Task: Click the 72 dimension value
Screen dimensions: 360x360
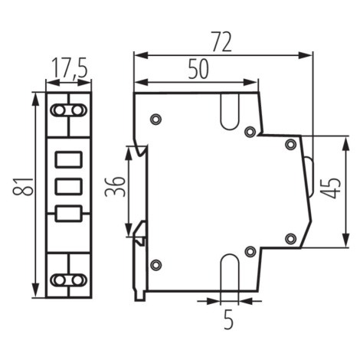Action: (x=222, y=41)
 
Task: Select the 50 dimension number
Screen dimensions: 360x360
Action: (x=198, y=69)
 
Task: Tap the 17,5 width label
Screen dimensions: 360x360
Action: (x=70, y=68)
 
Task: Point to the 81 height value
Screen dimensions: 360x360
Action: (x=24, y=187)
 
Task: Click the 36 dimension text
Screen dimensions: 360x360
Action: (x=115, y=187)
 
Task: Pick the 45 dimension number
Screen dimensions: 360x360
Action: (x=331, y=188)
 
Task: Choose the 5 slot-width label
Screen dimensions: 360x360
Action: (x=228, y=319)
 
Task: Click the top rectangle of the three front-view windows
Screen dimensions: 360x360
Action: (x=69, y=159)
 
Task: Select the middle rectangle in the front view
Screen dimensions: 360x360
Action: (x=69, y=187)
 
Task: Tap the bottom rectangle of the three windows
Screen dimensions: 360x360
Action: (x=69, y=214)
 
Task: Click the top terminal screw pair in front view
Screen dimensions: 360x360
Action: (x=68, y=110)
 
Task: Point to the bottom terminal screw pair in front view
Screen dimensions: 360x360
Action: (x=68, y=280)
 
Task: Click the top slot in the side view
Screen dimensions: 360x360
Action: (x=230, y=112)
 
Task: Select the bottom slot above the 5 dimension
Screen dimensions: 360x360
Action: (x=230, y=272)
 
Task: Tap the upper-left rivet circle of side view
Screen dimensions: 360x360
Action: (x=155, y=119)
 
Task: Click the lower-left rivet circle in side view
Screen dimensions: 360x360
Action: (x=156, y=265)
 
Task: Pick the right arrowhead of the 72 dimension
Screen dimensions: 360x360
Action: (x=306, y=55)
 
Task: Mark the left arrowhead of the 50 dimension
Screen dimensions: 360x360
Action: (x=141, y=82)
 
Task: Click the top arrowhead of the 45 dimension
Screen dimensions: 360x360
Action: (x=346, y=144)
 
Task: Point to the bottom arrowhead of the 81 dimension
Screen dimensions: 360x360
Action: (x=36, y=290)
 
